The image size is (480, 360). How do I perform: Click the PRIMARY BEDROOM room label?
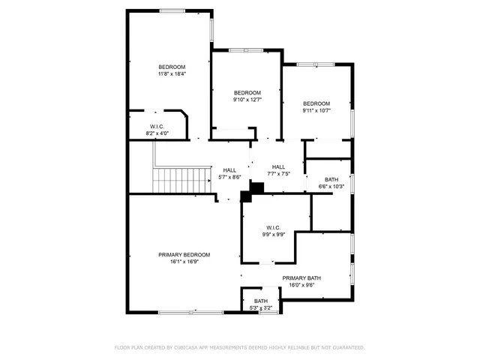tap(184, 255)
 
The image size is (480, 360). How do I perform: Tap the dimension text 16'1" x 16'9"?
tap(184, 262)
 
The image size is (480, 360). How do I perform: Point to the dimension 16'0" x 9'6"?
tap(301, 285)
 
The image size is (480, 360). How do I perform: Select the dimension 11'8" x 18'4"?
tap(171, 73)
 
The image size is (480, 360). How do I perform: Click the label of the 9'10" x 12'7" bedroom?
tap(247, 92)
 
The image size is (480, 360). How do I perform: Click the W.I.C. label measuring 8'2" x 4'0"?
tap(157, 126)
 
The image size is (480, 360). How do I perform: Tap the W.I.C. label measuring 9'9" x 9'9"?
tap(272, 227)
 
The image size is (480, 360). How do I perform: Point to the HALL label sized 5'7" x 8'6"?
tap(229, 170)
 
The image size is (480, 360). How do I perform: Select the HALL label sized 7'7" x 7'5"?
tap(278, 166)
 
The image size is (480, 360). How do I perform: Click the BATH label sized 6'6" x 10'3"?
tap(331, 179)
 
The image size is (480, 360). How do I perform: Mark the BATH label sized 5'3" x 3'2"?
tap(260, 301)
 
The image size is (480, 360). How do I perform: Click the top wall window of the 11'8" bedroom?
tap(172, 10)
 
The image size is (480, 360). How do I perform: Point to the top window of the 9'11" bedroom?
tap(315, 64)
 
